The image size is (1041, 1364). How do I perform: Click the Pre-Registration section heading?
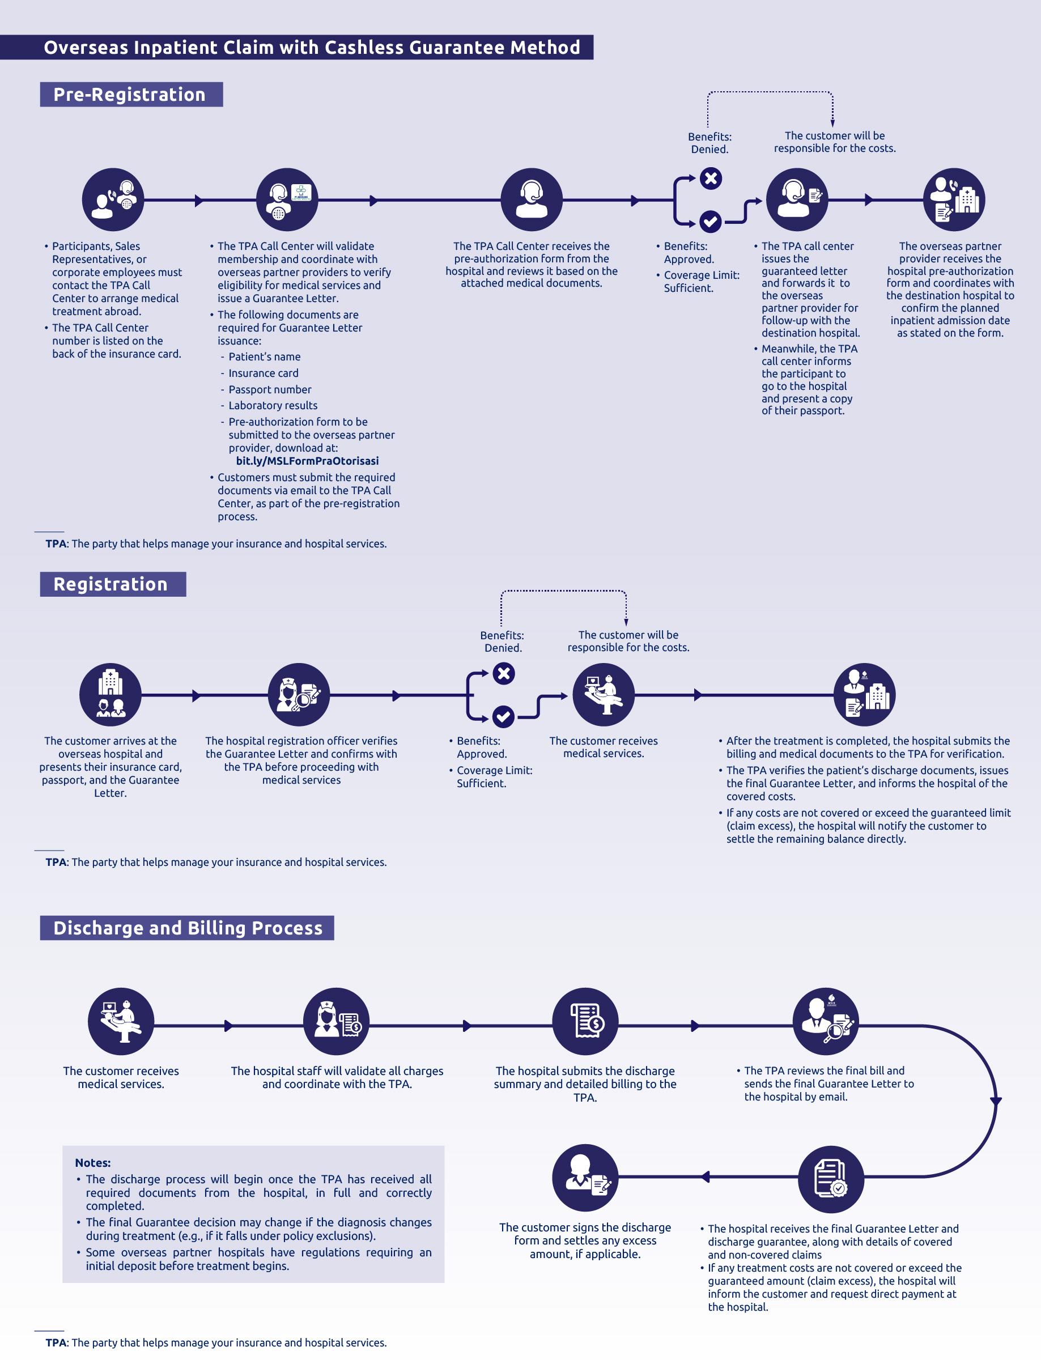[x=130, y=94]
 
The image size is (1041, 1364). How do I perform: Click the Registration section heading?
[x=111, y=584]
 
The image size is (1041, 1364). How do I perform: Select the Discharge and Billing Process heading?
[x=188, y=928]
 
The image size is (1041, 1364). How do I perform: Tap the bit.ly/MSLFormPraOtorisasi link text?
[x=307, y=461]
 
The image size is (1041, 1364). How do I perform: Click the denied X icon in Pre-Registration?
[x=711, y=179]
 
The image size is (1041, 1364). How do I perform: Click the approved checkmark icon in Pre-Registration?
[x=710, y=221]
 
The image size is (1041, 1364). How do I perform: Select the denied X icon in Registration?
[x=504, y=673]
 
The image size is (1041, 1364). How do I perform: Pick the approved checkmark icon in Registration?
[x=503, y=717]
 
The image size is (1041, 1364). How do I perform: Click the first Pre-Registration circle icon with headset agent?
[x=113, y=199]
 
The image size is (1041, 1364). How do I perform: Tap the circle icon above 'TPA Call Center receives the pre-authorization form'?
[x=532, y=199]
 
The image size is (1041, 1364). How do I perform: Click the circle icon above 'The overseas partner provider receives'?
[x=954, y=199]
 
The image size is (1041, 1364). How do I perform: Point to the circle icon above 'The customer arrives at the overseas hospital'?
[x=111, y=695]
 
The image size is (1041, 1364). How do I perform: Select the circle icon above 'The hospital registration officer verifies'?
[x=299, y=695]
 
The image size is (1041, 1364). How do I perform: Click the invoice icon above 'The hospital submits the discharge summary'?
[x=585, y=1021]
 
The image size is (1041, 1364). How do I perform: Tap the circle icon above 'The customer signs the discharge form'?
[x=585, y=1177]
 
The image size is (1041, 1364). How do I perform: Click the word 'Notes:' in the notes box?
[x=93, y=1163]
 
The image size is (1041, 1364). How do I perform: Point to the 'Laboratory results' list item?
[x=273, y=405]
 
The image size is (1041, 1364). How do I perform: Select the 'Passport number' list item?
[x=270, y=389]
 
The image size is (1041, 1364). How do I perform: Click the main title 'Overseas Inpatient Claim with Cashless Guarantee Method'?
[x=312, y=47]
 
